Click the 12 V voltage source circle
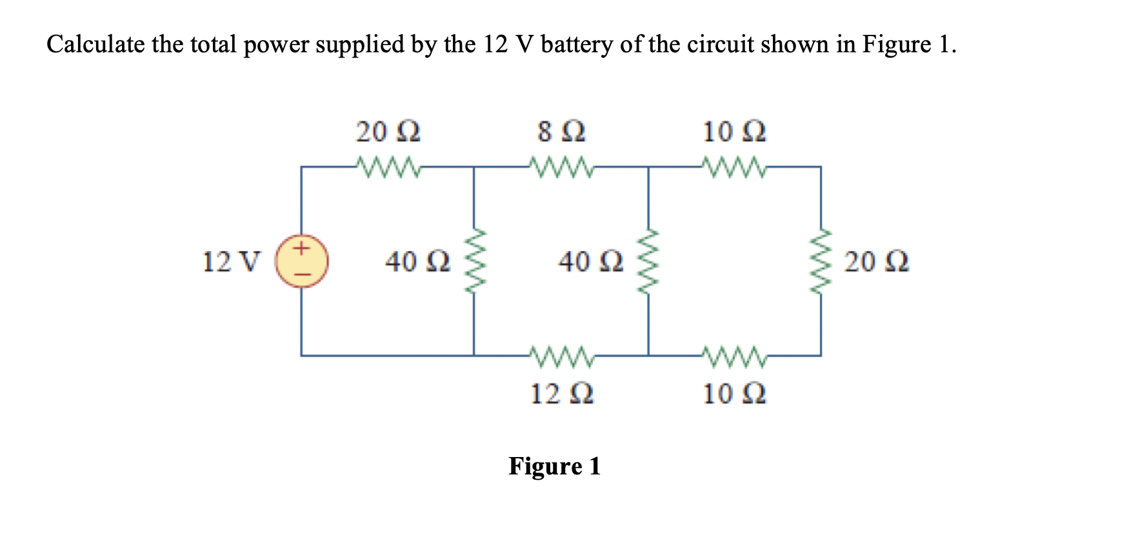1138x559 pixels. coord(302,261)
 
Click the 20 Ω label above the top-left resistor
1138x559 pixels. coord(388,132)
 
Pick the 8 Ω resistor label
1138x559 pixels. coord(561,132)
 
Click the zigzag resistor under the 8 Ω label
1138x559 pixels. coord(561,167)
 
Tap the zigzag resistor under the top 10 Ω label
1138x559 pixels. coord(735,167)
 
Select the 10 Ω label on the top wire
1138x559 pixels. coord(734,132)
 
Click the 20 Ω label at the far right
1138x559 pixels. coord(876,262)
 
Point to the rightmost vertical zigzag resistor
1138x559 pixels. coord(821,261)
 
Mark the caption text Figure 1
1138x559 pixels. coord(554,466)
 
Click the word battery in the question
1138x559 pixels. coord(577,45)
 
